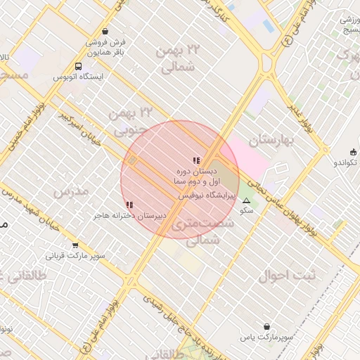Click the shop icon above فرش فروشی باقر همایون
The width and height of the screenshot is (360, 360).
click(x=105, y=31)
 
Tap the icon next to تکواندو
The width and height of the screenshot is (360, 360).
click(x=353, y=151)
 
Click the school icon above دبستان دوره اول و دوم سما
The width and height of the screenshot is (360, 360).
click(x=196, y=161)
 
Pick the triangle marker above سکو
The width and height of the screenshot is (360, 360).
click(x=246, y=201)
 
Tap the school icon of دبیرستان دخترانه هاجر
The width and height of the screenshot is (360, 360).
click(x=129, y=205)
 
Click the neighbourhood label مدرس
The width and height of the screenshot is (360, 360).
click(x=71, y=192)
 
